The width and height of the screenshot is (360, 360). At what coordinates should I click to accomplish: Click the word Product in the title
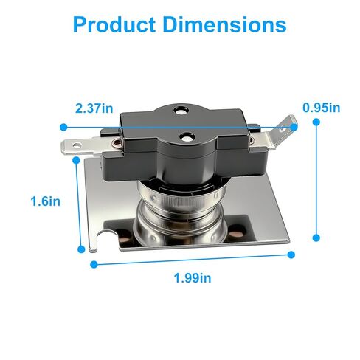click(114, 24)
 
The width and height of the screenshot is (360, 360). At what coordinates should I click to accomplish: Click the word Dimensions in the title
click(224, 24)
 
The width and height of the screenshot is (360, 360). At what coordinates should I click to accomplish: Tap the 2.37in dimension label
click(94, 108)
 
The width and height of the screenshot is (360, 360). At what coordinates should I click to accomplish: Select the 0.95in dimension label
click(322, 108)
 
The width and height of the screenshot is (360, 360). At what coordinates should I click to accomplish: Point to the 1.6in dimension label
click(46, 201)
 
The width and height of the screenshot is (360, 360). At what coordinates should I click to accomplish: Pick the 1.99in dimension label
click(193, 278)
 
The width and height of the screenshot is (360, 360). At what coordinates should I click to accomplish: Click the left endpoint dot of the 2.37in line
click(63, 127)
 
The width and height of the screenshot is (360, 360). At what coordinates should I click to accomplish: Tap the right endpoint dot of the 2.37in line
click(294, 127)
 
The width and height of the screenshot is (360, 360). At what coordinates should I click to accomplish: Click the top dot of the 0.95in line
click(316, 122)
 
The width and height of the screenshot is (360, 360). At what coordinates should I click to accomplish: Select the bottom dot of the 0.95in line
click(316, 238)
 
